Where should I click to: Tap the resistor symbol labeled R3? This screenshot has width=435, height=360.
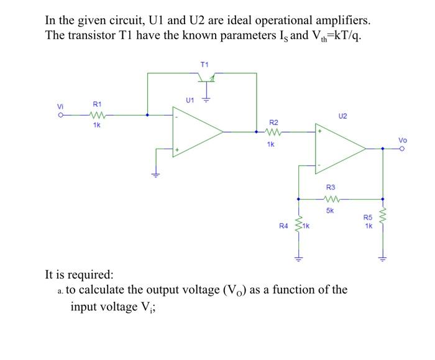coord(331,199)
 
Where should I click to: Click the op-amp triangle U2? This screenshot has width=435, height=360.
coord(339,149)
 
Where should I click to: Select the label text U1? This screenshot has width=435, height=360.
coord(190,99)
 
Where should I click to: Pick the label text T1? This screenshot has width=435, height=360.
coord(204,63)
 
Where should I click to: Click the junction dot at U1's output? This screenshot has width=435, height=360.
coord(256,132)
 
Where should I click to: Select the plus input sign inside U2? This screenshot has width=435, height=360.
coord(321,132)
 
